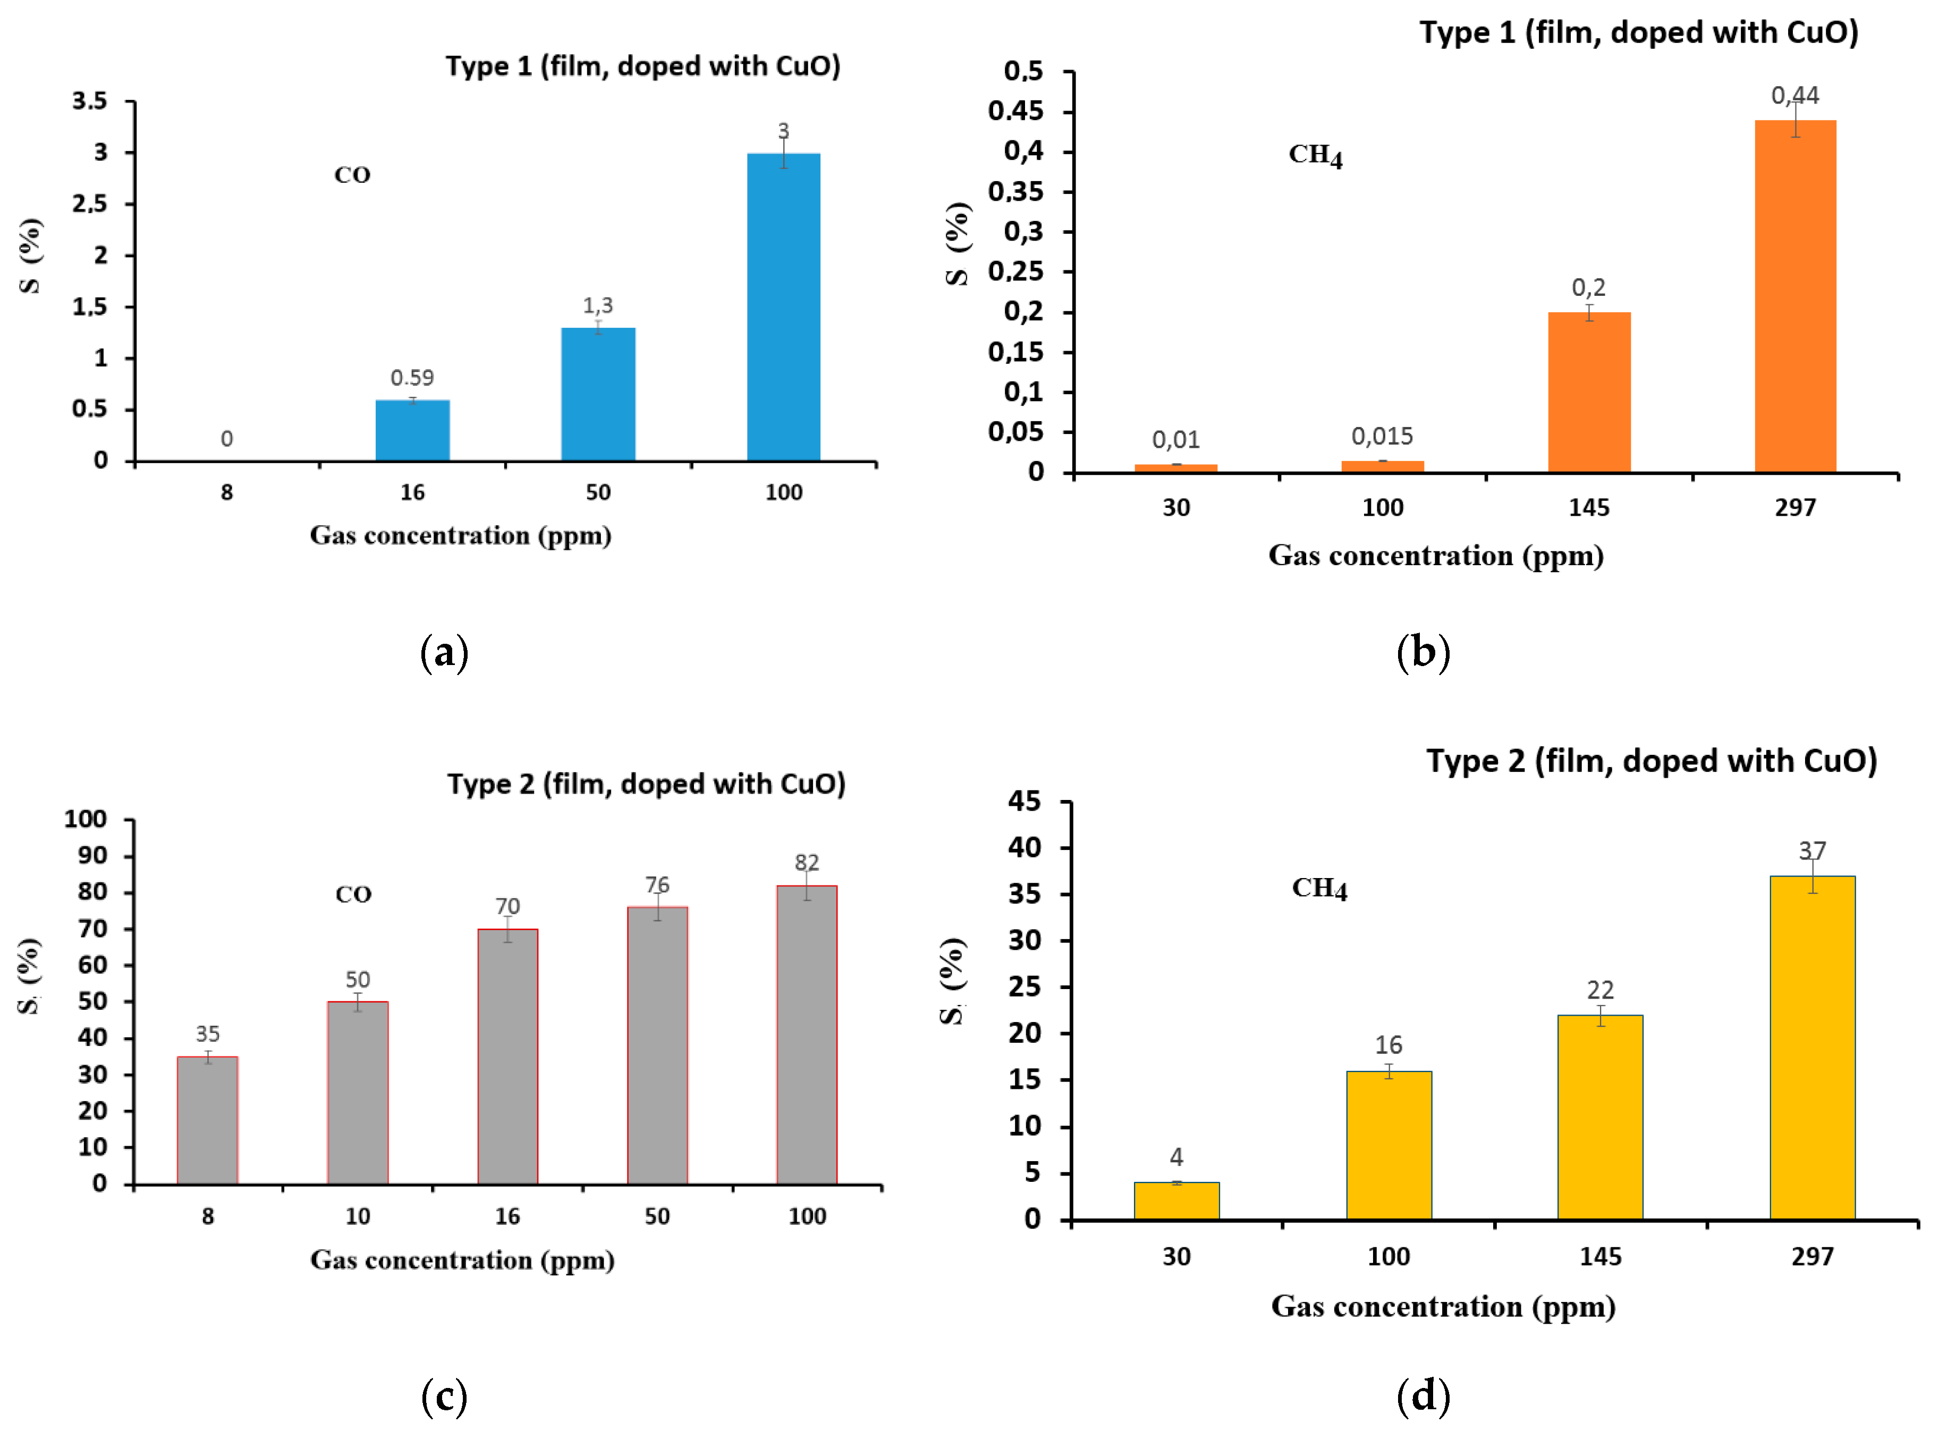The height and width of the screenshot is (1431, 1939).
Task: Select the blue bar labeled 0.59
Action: (412, 430)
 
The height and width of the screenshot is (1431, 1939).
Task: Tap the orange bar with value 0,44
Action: (1794, 296)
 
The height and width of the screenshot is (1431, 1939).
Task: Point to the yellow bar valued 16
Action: (1388, 1145)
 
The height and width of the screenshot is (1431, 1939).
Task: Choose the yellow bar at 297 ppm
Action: (1811, 1047)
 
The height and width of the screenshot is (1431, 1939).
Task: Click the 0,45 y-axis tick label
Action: (1015, 111)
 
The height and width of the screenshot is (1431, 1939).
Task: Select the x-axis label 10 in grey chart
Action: (357, 1216)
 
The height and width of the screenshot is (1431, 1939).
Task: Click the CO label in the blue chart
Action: (352, 175)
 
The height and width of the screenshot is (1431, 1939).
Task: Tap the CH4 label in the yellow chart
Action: (1319, 889)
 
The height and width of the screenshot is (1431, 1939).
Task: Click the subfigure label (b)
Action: (1423, 651)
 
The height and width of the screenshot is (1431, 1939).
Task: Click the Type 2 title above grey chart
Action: (646, 784)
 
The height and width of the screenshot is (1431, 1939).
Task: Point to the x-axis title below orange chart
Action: (1436, 555)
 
